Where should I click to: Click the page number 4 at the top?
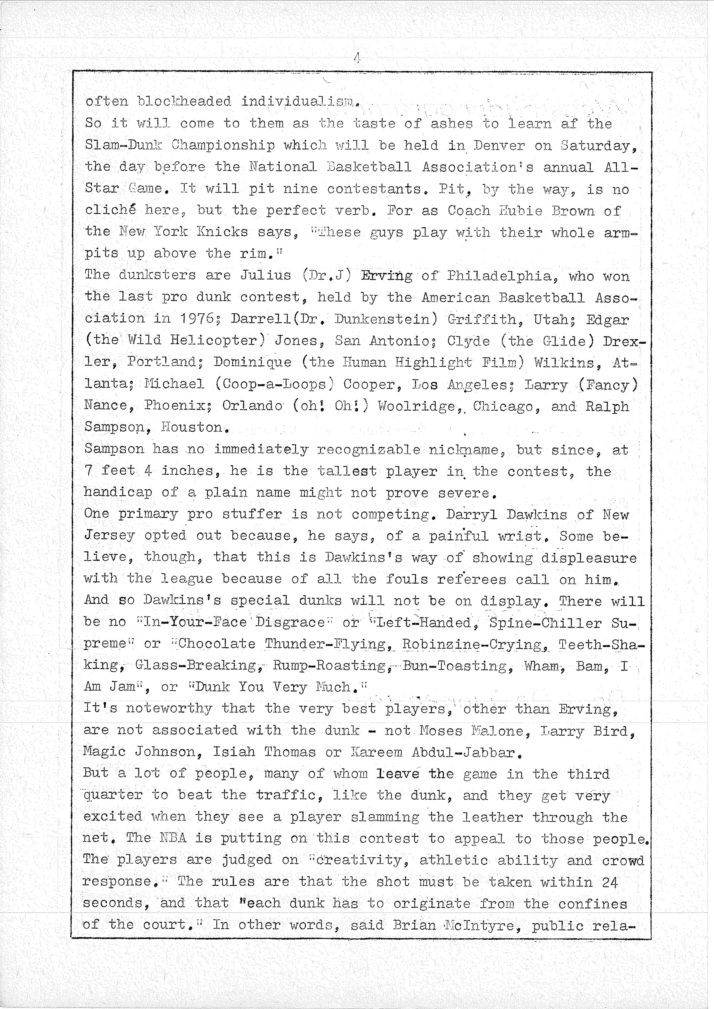[357, 57]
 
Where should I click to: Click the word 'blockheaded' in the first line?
[184, 102]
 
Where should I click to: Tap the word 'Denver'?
[499, 146]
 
